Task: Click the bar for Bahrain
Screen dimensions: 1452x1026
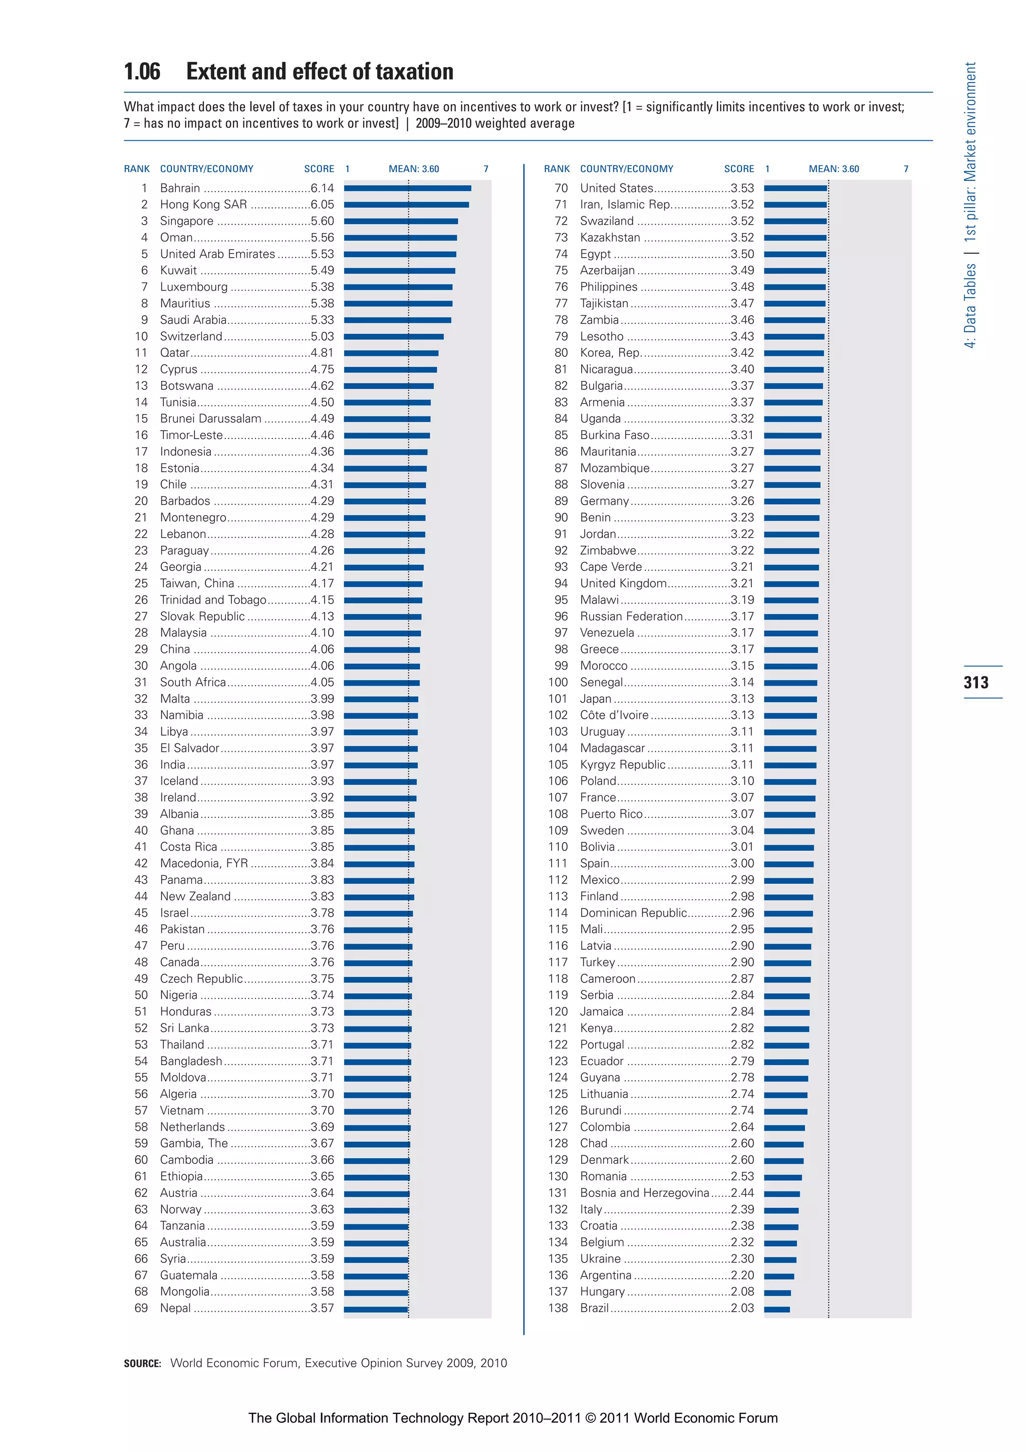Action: pyautogui.click(x=407, y=188)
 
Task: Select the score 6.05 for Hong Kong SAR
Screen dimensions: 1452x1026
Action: pyautogui.click(x=322, y=204)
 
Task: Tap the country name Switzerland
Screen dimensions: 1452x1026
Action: pyautogui.click(x=191, y=336)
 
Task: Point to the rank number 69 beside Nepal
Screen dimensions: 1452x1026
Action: pyautogui.click(x=141, y=1308)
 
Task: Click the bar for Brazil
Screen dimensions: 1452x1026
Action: pyautogui.click(x=777, y=1309)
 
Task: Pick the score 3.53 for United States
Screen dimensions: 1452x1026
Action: pyautogui.click(x=742, y=188)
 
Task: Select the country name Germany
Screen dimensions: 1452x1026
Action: pyautogui.click(x=604, y=501)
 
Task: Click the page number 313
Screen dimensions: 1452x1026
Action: pyautogui.click(x=976, y=682)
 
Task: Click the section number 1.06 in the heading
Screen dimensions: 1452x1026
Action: pyautogui.click(x=142, y=72)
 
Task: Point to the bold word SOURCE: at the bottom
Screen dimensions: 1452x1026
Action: pyautogui.click(x=142, y=1363)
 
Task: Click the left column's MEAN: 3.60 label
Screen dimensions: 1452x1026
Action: pyautogui.click(x=413, y=169)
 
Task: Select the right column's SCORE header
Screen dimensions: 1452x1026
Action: pyautogui.click(x=739, y=169)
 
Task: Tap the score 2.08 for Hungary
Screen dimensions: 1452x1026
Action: pyautogui.click(x=742, y=1292)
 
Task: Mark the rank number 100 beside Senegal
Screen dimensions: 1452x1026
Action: pyautogui.click(x=558, y=682)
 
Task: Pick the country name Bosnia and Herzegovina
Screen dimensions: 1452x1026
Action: pyautogui.click(x=644, y=1193)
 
